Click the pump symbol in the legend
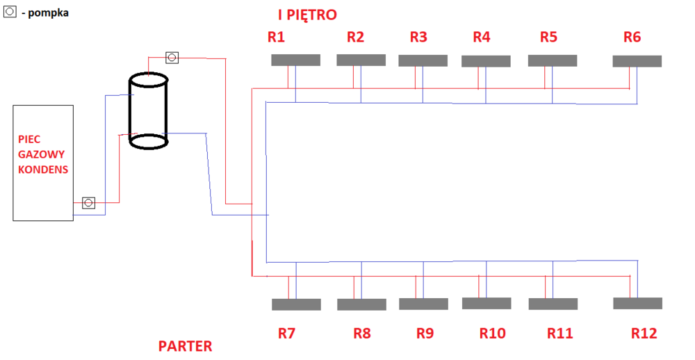(x=10, y=12)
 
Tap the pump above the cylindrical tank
(x=172, y=57)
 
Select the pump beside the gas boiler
(x=89, y=203)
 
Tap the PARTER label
(x=185, y=345)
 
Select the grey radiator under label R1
(x=295, y=60)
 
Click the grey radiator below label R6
(x=637, y=61)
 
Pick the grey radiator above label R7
(x=296, y=304)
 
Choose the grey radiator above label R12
(x=637, y=303)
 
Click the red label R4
(x=481, y=38)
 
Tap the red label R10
(x=492, y=334)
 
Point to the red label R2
(x=355, y=38)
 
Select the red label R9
(x=425, y=334)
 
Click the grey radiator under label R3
(x=423, y=60)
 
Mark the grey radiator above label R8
(x=361, y=304)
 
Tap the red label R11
(x=559, y=334)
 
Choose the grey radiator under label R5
(x=553, y=60)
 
